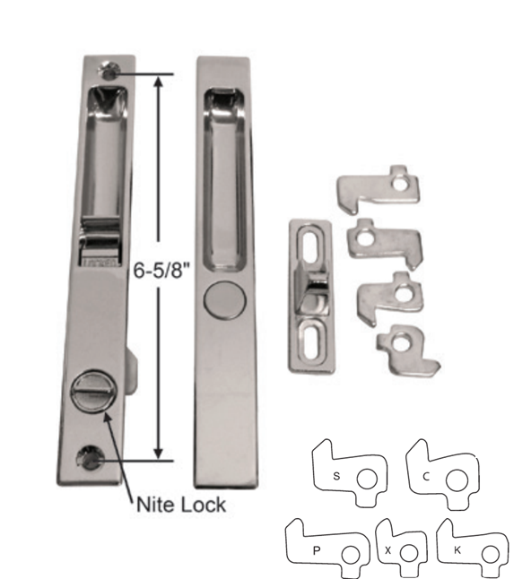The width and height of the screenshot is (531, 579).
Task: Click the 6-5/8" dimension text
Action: tap(157, 269)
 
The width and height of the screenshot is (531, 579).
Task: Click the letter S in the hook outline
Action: tap(335, 476)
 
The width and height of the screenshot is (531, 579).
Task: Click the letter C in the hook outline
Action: tap(425, 476)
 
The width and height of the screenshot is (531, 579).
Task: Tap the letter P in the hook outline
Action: tap(318, 548)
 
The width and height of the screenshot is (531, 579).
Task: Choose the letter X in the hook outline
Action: tap(387, 549)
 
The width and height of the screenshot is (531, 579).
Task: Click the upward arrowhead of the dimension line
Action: tap(160, 81)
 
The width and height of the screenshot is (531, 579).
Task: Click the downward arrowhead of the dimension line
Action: tap(160, 454)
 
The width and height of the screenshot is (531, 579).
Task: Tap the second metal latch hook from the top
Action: tap(383, 239)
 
